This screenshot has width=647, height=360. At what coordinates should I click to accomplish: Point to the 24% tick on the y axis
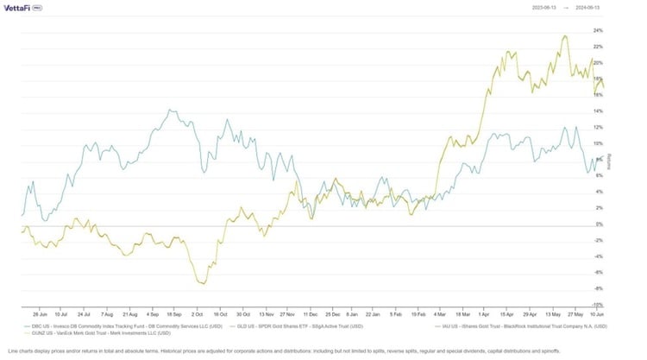(598, 30)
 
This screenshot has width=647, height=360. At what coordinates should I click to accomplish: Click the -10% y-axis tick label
(598, 305)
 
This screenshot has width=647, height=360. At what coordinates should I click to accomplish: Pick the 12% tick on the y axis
(598, 127)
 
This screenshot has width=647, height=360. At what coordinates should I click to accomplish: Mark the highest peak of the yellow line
(564, 36)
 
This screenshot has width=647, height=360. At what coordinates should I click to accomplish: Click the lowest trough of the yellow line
(203, 283)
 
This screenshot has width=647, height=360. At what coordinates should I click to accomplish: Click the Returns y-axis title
(610, 161)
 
